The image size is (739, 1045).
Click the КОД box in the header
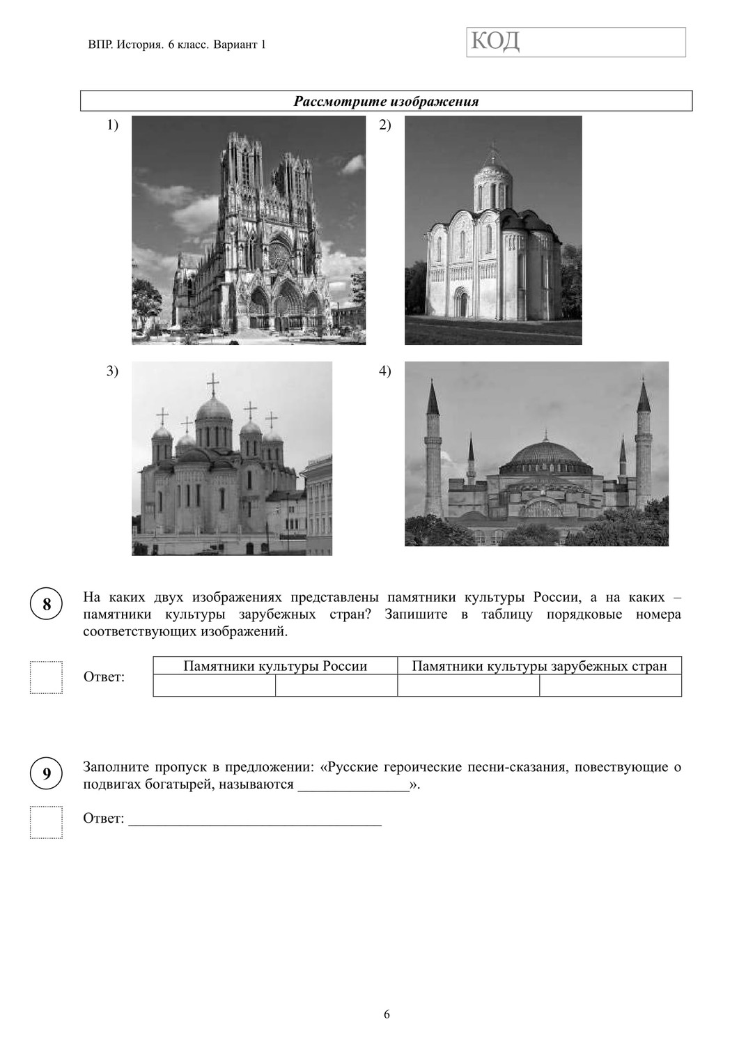pyautogui.click(x=575, y=42)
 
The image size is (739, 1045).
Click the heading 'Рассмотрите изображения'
pyautogui.click(x=386, y=102)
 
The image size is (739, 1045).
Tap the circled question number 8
pyautogui.click(x=47, y=604)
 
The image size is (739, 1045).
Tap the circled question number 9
pyautogui.click(x=47, y=774)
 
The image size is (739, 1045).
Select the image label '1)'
pyautogui.click(x=113, y=125)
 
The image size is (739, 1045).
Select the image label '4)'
pyautogui.click(x=385, y=371)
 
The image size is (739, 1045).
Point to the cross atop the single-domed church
pyautogui.click(x=493, y=150)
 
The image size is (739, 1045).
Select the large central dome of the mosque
pyautogui.click(x=547, y=456)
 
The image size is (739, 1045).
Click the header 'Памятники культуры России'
pyautogui.click(x=275, y=666)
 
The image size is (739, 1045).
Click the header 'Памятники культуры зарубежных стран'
pyautogui.click(x=539, y=666)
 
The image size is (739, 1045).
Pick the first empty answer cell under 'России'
pyautogui.click(x=215, y=686)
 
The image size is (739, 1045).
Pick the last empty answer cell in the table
pyautogui.click(x=610, y=686)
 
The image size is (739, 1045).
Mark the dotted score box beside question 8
pyautogui.click(x=46, y=677)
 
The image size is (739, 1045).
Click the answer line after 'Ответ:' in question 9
pyautogui.click(x=255, y=819)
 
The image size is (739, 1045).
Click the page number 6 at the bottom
pyautogui.click(x=387, y=1014)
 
